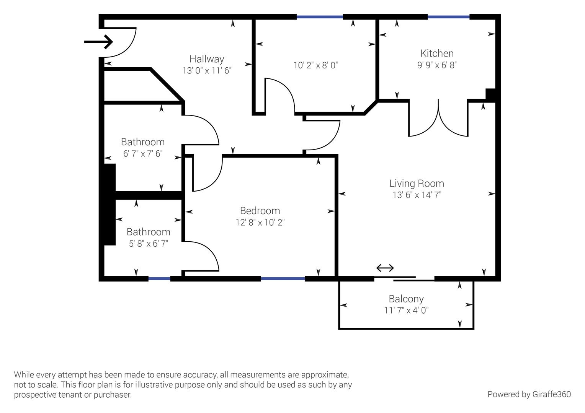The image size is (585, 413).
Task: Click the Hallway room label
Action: tap(207, 59)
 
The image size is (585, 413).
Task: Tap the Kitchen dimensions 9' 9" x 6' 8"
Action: tap(437, 65)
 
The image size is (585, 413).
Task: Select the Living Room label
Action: tap(417, 184)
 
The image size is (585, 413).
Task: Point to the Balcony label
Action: tap(406, 299)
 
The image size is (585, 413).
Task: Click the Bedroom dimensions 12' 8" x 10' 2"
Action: tap(260, 222)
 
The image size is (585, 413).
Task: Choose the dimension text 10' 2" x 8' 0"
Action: tap(315, 65)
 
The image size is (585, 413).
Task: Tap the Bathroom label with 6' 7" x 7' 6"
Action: tap(143, 142)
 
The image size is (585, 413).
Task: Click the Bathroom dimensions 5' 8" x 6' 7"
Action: tap(149, 244)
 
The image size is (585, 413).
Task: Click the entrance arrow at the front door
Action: tap(98, 42)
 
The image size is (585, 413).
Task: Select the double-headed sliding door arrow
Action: tap(385, 268)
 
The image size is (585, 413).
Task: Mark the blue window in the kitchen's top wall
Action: tap(448, 17)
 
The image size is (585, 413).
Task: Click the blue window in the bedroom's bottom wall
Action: tap(283, 279)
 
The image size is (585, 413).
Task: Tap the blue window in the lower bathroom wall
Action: tap(159, 279)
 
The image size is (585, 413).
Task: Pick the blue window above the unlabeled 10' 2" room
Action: tap(319, 17)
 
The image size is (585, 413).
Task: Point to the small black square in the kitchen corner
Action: tap(490, 94)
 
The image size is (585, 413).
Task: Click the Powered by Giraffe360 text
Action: tap(529, 394)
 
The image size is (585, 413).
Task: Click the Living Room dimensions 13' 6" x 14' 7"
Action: tap(417, 195)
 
